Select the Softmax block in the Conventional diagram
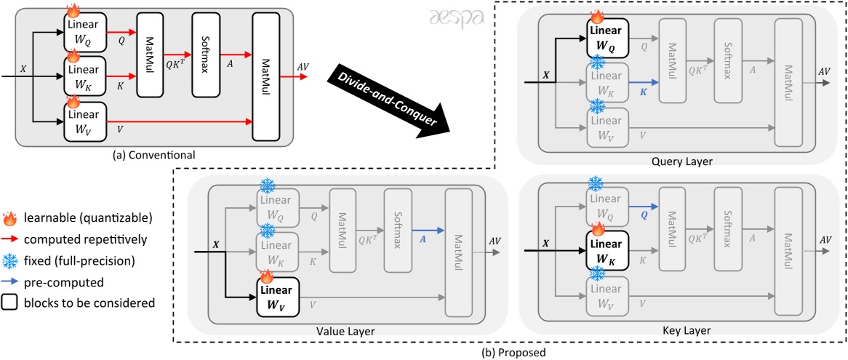coord(205,55)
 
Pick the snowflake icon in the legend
coord(10,258)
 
